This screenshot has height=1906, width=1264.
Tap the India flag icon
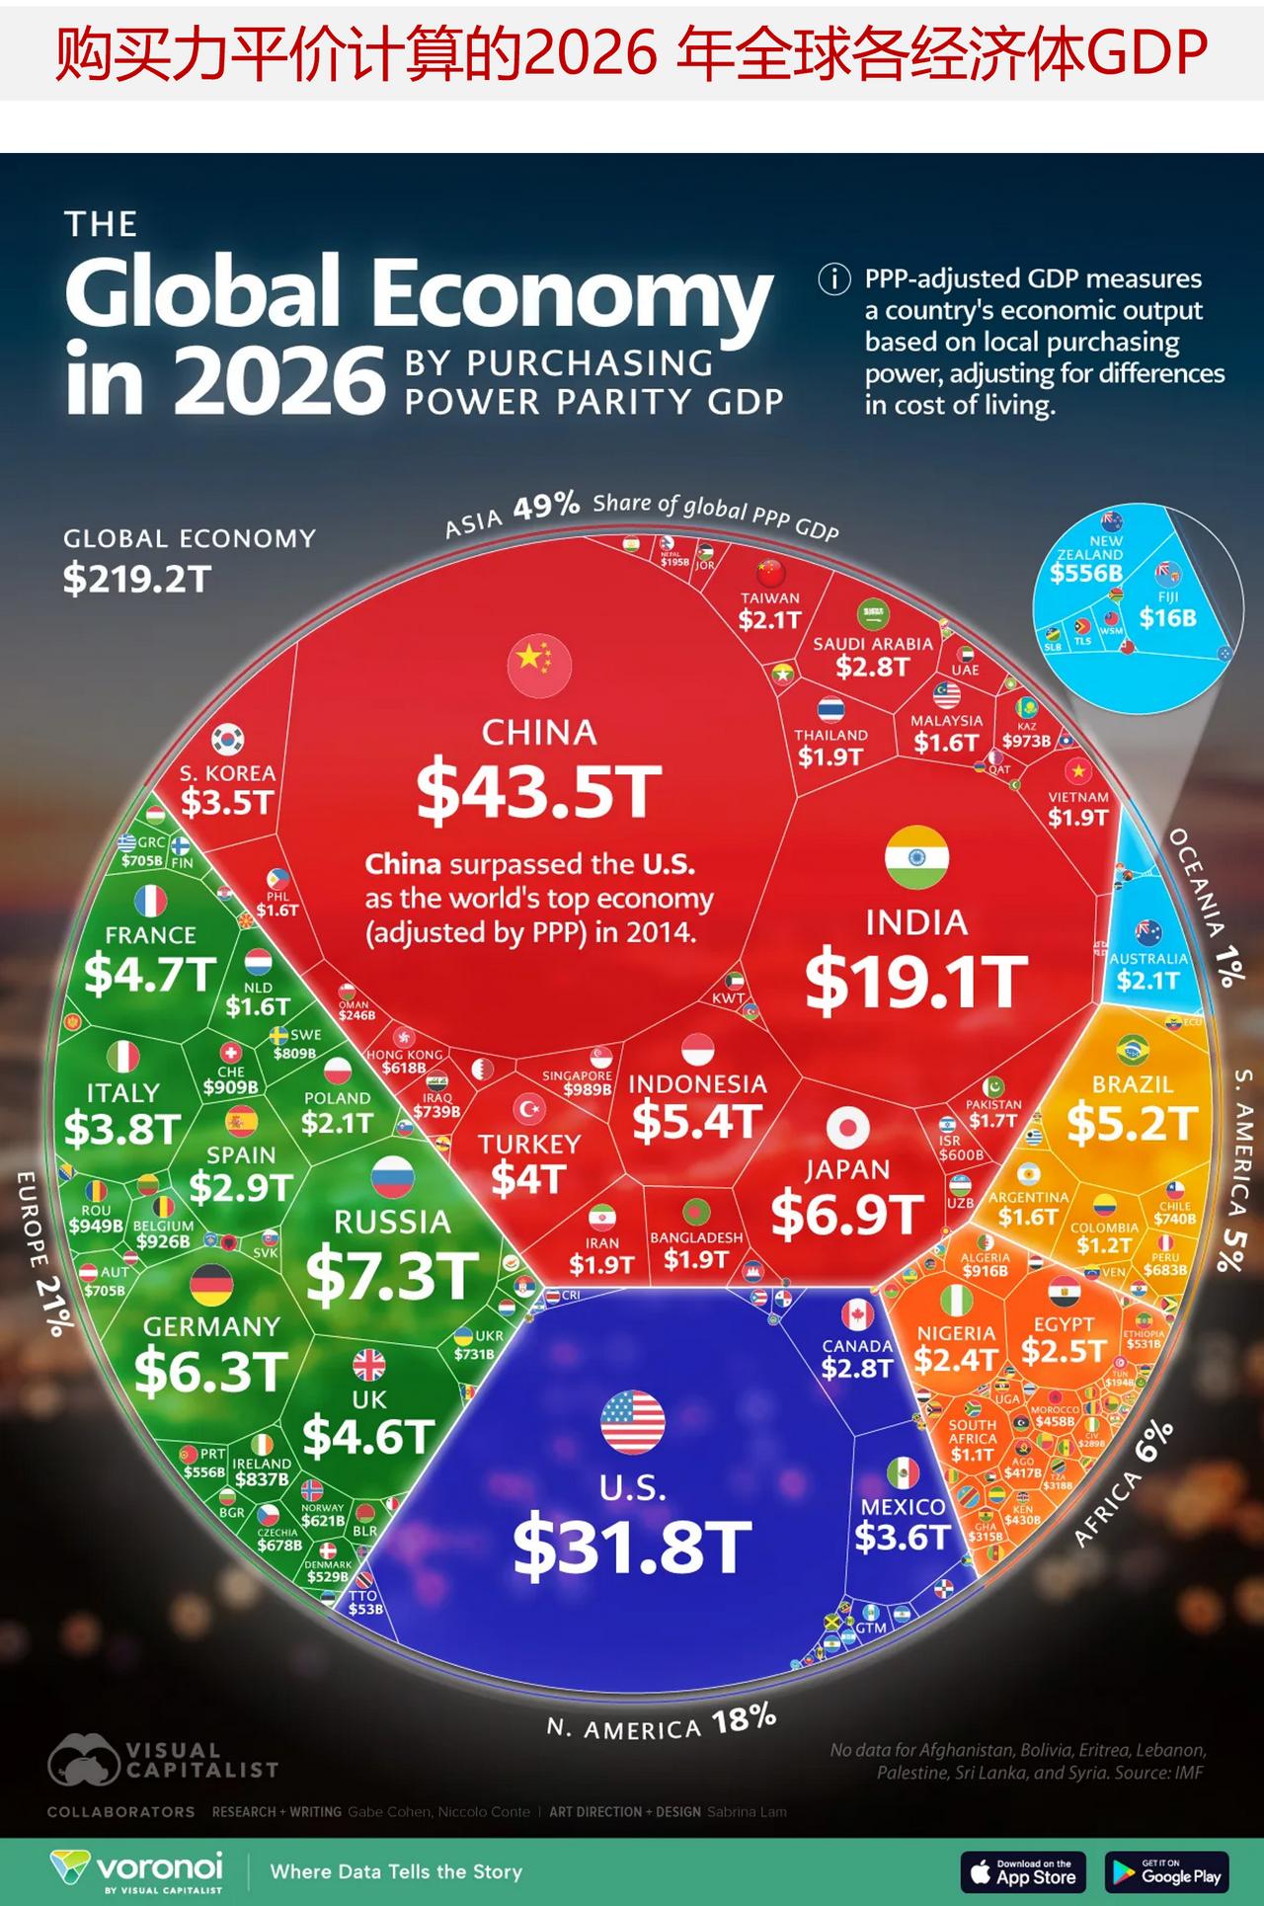916,857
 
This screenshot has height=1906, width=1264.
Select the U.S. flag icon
632,1422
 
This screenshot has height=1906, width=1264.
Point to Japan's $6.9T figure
847,1215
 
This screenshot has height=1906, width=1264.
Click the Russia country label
392,1222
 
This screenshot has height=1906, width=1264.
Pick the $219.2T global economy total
137,579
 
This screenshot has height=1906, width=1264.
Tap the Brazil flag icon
1132,1050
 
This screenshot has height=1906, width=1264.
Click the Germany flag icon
210,1285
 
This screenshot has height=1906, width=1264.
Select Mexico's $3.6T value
902,1537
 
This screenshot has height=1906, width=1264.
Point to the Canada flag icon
857,1314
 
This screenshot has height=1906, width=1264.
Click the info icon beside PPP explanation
834,279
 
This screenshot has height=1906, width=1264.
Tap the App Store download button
1023,1871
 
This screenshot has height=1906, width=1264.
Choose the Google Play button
1166,1871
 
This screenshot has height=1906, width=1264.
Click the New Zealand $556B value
1086,574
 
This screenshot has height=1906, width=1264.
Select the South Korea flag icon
228,739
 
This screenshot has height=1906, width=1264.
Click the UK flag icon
368,1366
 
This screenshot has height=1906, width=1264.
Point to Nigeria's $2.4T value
955,1360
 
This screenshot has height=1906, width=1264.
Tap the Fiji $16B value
1167,618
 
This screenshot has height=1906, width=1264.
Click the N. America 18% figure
744,1720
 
